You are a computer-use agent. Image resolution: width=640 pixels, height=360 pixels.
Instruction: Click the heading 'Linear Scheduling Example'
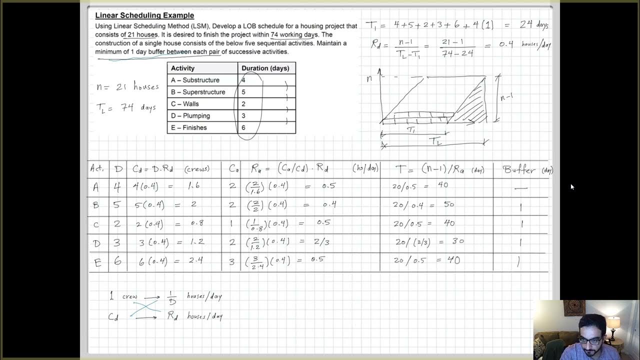[x=144, y=15]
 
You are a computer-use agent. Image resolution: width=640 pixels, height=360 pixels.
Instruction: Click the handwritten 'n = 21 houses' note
[x=127, y=86]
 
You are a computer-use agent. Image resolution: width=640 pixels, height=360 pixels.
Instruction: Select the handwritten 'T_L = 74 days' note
[x=126, y=107]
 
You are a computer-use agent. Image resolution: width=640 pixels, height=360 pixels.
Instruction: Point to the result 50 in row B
[x=448, y=204]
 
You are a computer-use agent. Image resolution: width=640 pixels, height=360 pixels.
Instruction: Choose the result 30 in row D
[x=457, y=241]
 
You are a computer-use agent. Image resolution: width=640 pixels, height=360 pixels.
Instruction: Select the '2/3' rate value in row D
[x=322, y=241]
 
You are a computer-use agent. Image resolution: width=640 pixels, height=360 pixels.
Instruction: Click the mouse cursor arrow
[x=572, y=186]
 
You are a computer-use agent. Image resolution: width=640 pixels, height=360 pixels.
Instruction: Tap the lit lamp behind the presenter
[x=613, y=323]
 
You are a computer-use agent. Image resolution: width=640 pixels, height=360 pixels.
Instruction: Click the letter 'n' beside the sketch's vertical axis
[x=369, y=78]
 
